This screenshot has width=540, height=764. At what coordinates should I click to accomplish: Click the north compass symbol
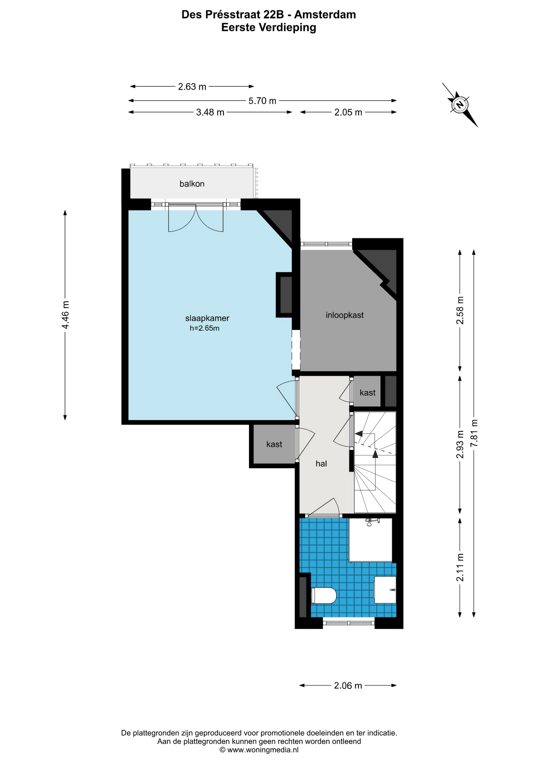tap(460, 105)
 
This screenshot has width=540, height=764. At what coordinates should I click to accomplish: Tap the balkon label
tap(192, 184)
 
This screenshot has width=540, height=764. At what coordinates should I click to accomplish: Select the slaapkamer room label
tap(207, 318)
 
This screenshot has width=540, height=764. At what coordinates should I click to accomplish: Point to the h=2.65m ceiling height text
tap(205, 328)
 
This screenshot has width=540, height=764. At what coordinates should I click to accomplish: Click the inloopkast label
tap(345, 315)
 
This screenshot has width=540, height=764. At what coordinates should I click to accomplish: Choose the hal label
tap(321, 464)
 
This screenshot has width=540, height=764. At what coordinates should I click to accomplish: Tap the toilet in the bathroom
tap(324, 596)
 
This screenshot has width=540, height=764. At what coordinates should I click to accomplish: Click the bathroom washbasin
tap(385, 590)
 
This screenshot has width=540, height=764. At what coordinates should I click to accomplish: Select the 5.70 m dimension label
tap(262, 101)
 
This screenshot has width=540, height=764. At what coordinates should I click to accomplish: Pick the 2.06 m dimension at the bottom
tap(348, 685)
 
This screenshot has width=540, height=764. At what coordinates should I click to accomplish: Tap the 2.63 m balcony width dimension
tap(192, 86)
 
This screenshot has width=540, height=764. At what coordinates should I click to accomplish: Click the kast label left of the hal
tap(274, 444)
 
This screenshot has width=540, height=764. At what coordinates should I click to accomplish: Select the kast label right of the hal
tap(367, 393)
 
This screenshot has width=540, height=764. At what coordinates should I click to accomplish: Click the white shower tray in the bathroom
tap(370, 540)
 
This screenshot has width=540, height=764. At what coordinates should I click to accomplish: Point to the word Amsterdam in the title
tap(325, 15)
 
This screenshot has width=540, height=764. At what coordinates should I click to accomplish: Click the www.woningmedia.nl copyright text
tap(259, 750)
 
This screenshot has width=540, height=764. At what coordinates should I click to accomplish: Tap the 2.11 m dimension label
tap(460, 567)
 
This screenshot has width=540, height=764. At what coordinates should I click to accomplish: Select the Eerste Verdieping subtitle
tap(269, 27)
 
